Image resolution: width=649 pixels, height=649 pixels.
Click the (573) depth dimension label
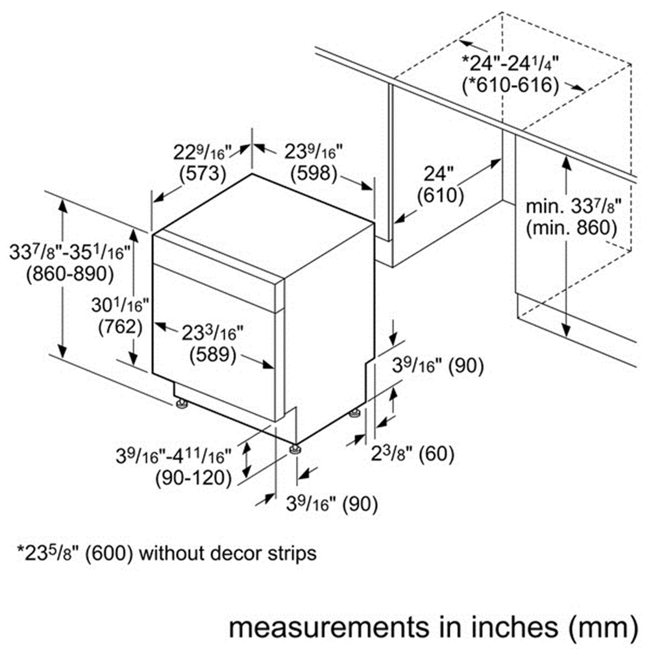(202, 173)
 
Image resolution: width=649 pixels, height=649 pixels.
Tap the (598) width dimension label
(313, 173)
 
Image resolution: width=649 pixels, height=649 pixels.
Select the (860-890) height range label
(70, 274)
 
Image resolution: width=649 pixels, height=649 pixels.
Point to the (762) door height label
(121, 327)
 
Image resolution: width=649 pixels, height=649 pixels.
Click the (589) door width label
(213, 355)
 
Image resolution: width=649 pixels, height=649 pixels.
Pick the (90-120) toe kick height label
(193, 478)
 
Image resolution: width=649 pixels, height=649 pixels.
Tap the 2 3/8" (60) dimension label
(413, 454)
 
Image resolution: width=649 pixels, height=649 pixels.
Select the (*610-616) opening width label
(510, 86)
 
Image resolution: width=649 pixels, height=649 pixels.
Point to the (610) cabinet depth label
(441, 196)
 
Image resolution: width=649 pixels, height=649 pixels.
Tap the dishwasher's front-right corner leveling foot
(295, 450)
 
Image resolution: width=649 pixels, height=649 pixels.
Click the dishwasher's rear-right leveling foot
(354, 413)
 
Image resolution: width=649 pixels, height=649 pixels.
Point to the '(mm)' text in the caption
(603, 628)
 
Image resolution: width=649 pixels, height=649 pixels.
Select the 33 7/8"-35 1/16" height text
(70, 252)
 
